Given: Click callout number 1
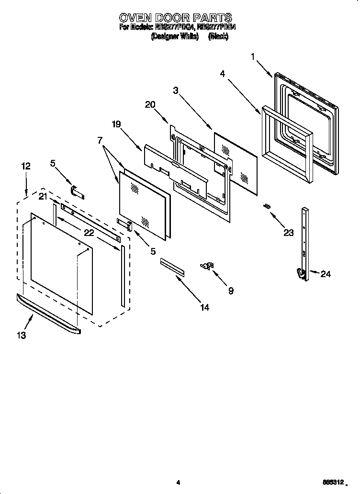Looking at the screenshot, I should pos(253,56).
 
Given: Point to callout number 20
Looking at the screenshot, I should pos(150,104).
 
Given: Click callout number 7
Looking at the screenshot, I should pos(100,140).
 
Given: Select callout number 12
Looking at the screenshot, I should pos(26,166).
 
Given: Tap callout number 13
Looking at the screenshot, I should pos(21,336).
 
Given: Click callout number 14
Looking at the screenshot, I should pos(204,307).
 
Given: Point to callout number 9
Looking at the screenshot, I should pos(231,291).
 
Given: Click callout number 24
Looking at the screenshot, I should pos(326,274).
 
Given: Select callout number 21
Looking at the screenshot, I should pos(43,196).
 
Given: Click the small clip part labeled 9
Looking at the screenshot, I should pos(208,266).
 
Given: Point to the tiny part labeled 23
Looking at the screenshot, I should pos(267,206).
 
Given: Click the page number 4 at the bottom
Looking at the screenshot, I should pos(178,483).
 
